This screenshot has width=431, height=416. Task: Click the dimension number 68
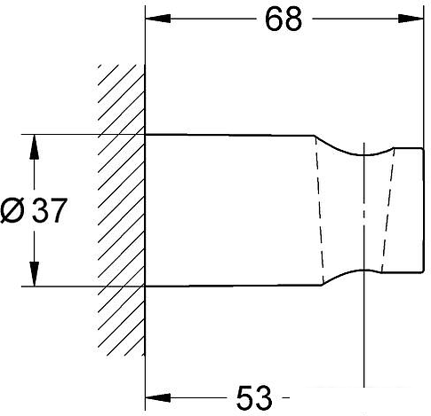point(283,20)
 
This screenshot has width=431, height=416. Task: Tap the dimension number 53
point(254,397)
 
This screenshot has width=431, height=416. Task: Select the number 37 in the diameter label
point(49,210)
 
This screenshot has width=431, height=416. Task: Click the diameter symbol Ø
point(12,210)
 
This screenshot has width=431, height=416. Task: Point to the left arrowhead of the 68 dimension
point(158,19)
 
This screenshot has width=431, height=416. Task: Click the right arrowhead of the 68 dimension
point(411,19)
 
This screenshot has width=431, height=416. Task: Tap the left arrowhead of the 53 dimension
point(158,397)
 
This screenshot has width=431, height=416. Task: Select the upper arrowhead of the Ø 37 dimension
point(35,147)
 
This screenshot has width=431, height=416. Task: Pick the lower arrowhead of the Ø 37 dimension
point(35,274)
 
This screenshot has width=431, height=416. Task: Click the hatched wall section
point(122,210)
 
